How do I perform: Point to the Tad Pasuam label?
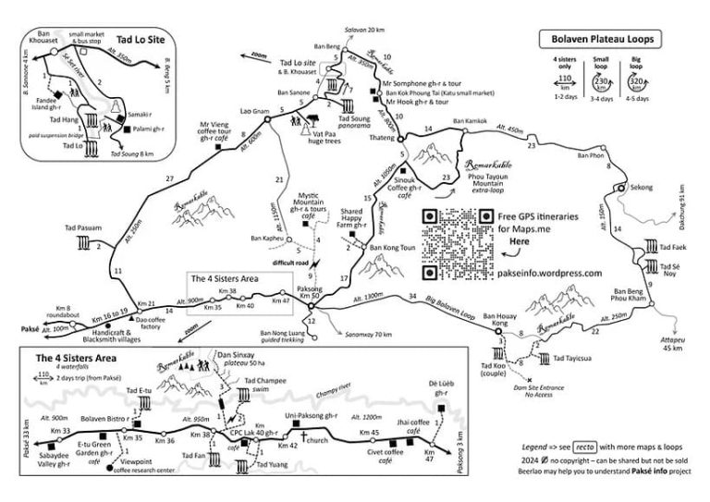click(83, 226)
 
